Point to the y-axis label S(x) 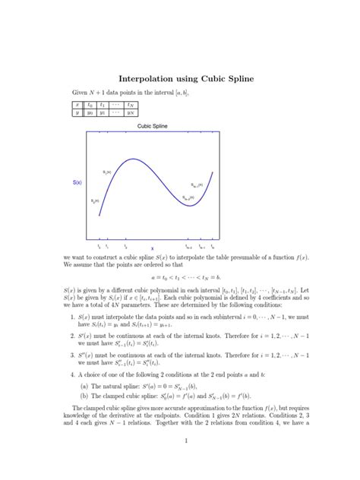(x=77, y=183)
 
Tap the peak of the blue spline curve (x=134, y=159)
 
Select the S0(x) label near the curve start (x=95, y=201)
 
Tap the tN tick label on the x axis (x=213, y=245)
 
